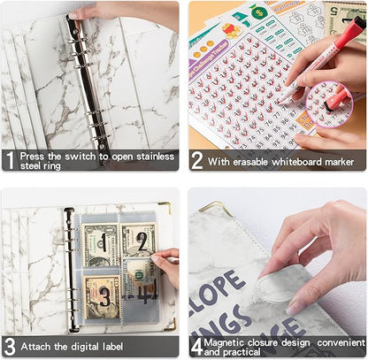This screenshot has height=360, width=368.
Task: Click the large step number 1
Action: pyautogui.click(x=10, y=160)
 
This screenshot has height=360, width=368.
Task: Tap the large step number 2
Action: pyautogui.click(x=197, y=160)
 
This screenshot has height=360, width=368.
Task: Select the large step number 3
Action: pyautogui.click(x=10, y=346)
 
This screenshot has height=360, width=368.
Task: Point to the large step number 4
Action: pyautogui.click(x=197, y=346)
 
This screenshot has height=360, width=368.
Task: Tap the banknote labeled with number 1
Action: pyautogui.click(x=99, y=242)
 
